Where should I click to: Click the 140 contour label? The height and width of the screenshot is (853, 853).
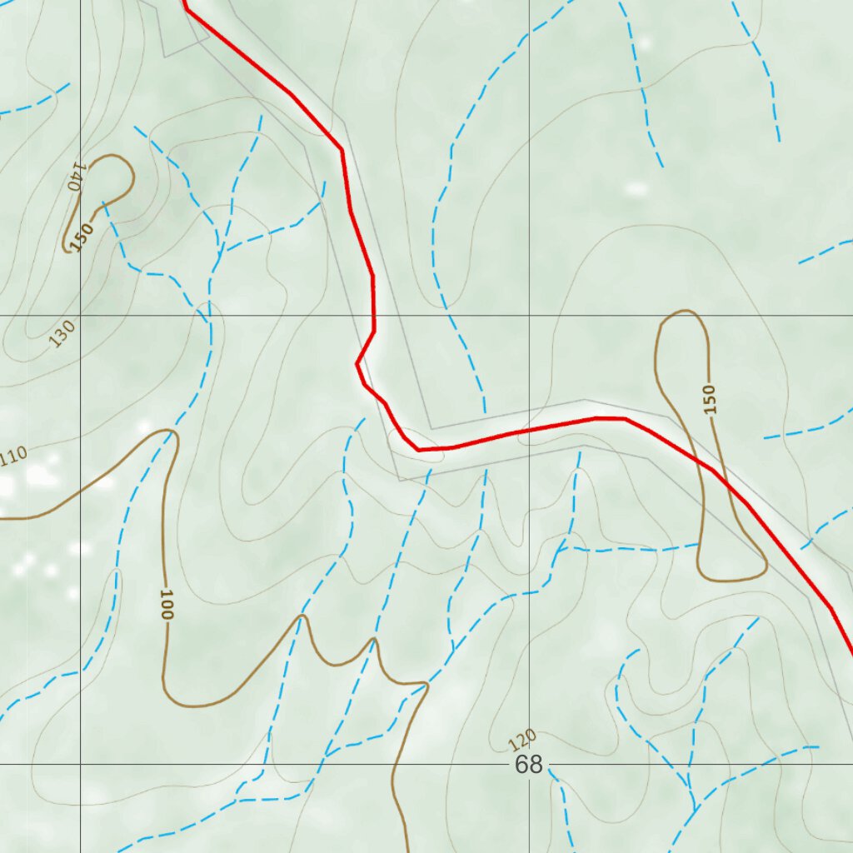(77, 177)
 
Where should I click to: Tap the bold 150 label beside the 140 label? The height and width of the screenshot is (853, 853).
(81, 237)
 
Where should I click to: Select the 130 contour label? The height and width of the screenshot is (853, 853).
(62, 333)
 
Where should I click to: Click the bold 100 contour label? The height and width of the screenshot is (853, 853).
(165, 605)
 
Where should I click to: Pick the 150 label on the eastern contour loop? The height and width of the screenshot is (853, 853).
(709, 399)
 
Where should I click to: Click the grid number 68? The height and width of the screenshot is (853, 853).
(528, 765)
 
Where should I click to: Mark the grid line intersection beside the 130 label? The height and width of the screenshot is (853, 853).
(81, 317)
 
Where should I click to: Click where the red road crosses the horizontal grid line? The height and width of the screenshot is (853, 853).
(373, 317)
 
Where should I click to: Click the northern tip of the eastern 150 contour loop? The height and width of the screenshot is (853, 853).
(684, 312)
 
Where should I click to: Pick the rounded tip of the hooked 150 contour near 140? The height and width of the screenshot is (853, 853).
(125, 162)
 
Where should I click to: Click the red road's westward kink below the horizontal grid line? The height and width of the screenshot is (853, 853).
(357, 364)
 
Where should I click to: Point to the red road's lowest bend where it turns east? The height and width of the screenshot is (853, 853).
(419, 450)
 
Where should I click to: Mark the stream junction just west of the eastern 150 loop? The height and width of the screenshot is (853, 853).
(560, 550)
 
